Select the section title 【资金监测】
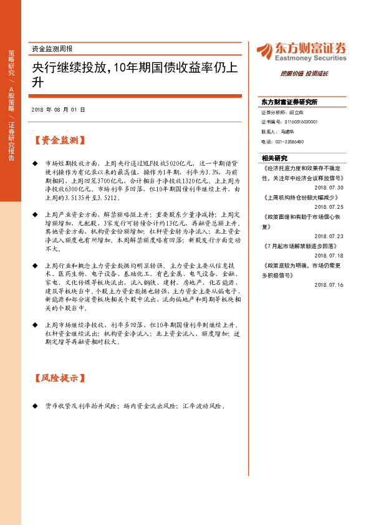pos(60,142)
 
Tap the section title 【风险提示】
pos(60,378)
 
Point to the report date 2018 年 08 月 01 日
pos(57,109)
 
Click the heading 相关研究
pos(274,158)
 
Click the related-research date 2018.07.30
pos(330,186)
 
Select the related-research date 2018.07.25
pos(330,206)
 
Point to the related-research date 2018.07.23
pos(330,236)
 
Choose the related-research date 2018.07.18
pos(330,256)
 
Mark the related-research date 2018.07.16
pos(330,286)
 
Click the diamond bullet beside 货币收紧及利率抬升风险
pos(35,407)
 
